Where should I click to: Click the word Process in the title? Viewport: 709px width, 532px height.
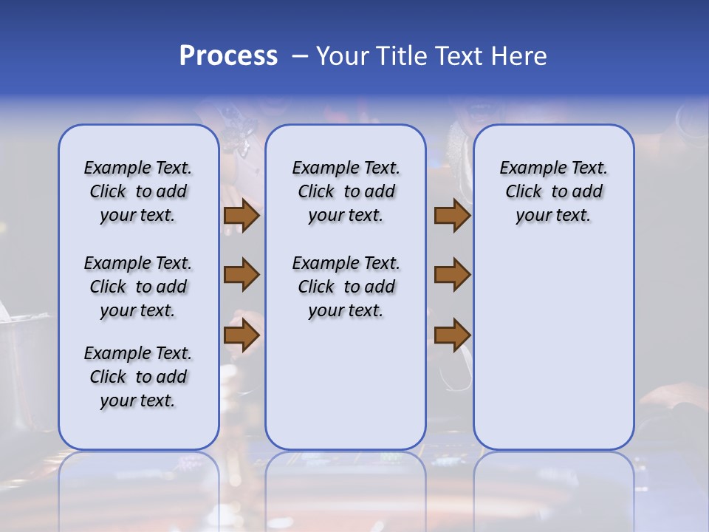[228, 56]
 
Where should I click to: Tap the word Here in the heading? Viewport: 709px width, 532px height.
[520, 56]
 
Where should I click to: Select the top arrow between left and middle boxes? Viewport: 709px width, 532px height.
[242, 216]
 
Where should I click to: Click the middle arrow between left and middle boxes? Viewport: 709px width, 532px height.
[242, 275]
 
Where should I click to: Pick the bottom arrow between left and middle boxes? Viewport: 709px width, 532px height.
[242, 335]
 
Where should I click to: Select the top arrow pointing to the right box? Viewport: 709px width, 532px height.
[452, 216]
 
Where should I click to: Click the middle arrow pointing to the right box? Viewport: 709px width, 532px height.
[452, 275]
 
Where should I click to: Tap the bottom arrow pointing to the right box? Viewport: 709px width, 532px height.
[452, 335]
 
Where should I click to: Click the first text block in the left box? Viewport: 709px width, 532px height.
[138, 191]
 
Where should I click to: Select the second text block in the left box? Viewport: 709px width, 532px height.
[138, 287]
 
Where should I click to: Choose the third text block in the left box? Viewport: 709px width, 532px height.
[138, 377]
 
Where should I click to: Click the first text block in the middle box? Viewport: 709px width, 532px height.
[346, 191]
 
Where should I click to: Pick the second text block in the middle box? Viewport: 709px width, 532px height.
[346, 287]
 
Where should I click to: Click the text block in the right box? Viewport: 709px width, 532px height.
[553, 191]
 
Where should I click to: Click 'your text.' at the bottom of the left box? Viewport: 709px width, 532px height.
[138, 400]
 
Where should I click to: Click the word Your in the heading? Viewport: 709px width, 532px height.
[340, 56]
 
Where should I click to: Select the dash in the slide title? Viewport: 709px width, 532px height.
[300, 56]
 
